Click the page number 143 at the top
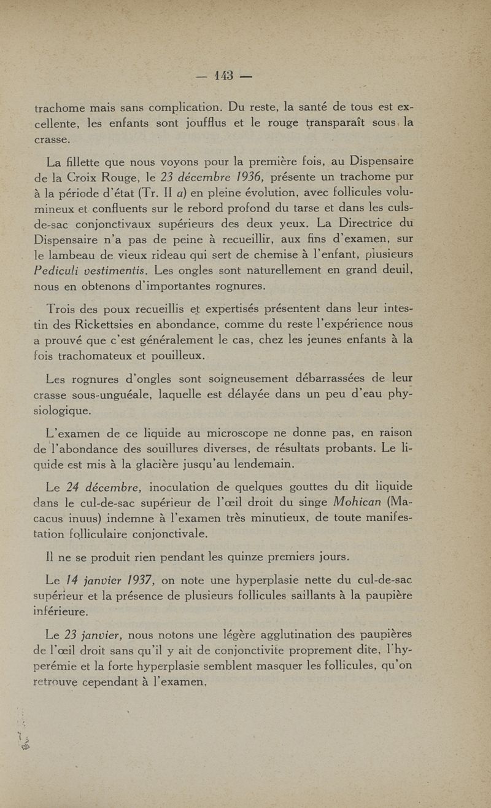[x=225, y=76]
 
